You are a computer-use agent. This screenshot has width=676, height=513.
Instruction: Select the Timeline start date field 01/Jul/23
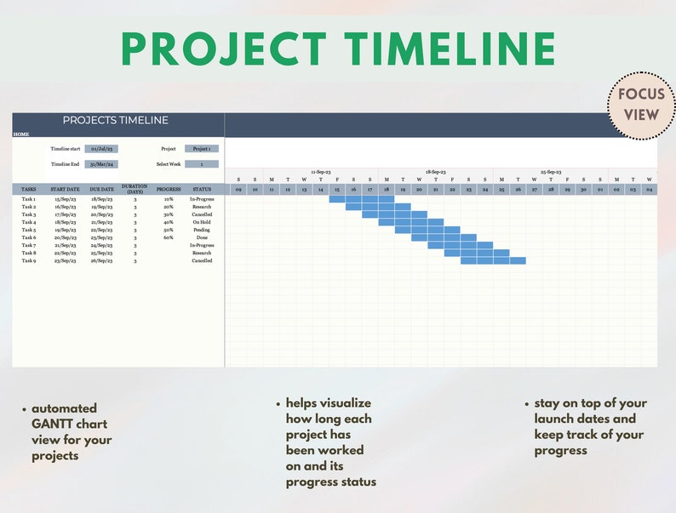click(100, 149)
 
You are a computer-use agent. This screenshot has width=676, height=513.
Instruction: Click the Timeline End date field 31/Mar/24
click(100, 164)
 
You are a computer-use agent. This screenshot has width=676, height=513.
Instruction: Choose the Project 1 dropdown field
click(202, 149)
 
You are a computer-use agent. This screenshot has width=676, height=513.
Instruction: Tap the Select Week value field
click(202, 164)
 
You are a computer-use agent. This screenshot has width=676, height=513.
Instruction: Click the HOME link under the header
click(20, 134)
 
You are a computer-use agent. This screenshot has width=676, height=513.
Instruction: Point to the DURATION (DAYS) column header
click(135, 189)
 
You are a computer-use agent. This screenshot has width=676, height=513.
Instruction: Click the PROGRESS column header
click(169, 189)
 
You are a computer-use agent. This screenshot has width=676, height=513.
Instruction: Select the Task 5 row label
click(29, 230)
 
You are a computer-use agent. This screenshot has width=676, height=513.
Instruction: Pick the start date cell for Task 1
click(66, 199)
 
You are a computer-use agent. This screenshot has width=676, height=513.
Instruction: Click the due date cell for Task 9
click(102, 261)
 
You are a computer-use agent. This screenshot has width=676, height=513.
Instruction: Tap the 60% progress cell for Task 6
click(169, 237)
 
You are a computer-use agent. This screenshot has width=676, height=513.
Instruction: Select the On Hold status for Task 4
click(202, 222)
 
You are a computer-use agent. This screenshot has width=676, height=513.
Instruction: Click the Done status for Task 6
click(202, 237)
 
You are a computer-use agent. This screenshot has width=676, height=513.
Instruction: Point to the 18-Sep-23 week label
click(435, 172)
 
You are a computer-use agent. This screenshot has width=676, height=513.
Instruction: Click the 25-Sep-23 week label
click(549, 172)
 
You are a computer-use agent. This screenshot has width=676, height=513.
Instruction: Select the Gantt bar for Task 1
click(353, 199)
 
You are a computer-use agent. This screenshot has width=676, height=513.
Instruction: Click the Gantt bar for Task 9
click(493, 261)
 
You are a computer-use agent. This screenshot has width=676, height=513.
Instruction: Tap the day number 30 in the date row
click(583, 190)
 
